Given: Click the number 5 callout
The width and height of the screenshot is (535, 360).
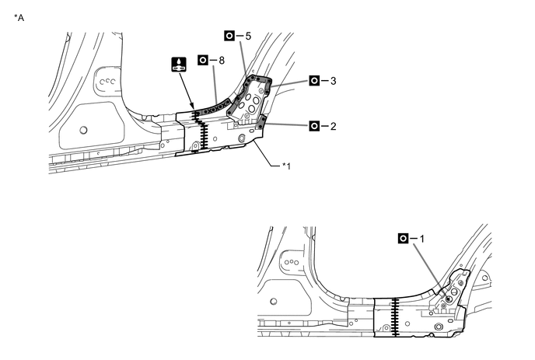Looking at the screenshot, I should (x=247, y=36).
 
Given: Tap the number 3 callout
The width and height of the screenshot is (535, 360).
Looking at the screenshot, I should (x=333, y=80).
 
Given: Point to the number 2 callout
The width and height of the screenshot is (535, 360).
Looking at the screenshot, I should (x=333, y=125).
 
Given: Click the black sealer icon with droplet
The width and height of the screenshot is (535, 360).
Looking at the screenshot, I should (x=178, y=65).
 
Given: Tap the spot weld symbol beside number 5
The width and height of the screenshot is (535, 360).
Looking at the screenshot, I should (x=229, y=36).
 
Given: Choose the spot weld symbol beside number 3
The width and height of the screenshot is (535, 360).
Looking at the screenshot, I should (x=314, y=80).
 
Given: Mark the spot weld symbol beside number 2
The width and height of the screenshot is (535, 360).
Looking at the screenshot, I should (x=314, y=125).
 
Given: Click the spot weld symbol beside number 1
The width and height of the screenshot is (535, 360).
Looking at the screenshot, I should (x=403, y=238).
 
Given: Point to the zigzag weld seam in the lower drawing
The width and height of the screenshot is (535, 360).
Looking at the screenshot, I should (x=395, y=317).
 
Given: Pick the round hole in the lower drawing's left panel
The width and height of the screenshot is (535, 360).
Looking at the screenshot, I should (x=273, y=301).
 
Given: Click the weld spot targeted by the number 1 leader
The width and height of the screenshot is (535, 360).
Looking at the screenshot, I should (x=448, y=299).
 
